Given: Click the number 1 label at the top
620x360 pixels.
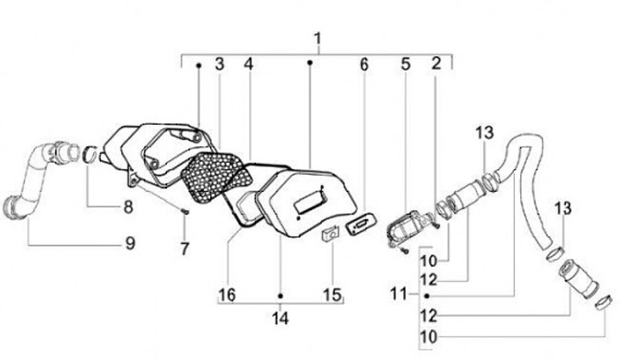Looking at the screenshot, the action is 318,40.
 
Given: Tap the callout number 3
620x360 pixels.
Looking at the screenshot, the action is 220,64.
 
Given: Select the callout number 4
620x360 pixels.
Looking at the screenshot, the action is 248,64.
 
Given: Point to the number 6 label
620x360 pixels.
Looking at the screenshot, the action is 363,64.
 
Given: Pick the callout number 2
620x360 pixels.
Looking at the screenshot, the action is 437,63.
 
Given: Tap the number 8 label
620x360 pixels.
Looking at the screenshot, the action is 127,207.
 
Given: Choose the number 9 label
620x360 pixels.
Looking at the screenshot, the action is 130,244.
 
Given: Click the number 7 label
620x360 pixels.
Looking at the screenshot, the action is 183,250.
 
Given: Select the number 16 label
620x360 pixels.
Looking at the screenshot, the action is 227,295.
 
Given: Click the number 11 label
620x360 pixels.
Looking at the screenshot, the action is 397,295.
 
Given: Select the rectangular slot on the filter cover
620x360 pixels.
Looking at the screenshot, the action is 307,206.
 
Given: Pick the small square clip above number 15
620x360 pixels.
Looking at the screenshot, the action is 330,233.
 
